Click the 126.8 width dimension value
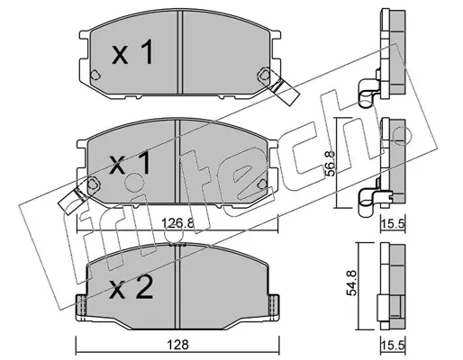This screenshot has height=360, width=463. click(178, 223)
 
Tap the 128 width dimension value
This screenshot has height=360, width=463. click(178, 345)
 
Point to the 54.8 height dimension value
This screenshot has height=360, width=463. click(351, 283)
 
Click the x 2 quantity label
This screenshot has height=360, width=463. click(132, 288)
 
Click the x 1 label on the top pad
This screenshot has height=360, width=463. click(132, 52)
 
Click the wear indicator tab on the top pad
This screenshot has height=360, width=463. click(284, 89)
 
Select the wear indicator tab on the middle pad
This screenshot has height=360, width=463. click(72, 201)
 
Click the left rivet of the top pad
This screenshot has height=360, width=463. click(95, 75)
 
